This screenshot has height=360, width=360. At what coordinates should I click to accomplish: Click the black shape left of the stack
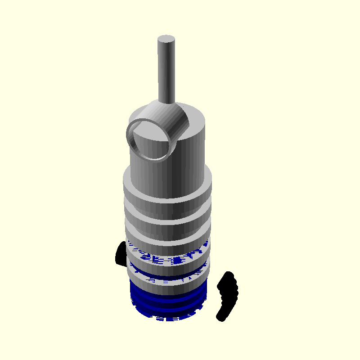tap(121, 253)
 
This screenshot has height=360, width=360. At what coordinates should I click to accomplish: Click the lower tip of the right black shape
tap(220, 317)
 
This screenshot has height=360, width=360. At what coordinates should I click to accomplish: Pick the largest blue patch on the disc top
tap(178, 260)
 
